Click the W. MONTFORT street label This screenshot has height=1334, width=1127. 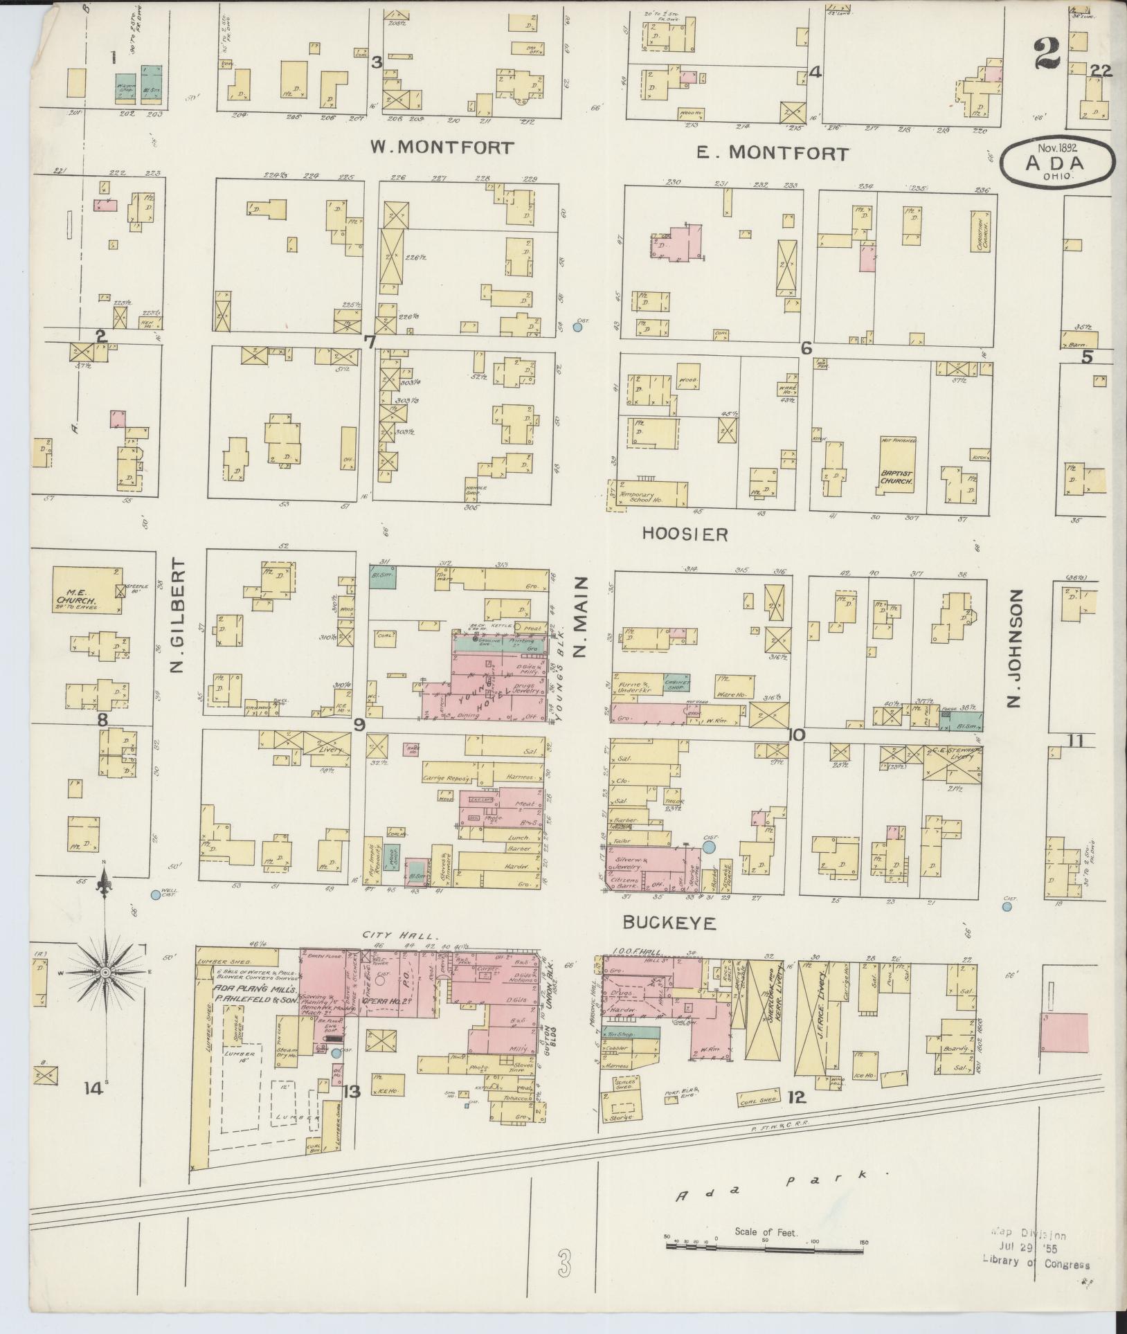click(442, 147)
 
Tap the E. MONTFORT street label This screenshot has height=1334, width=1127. click(772, 153)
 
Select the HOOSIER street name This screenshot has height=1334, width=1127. click(685, 534)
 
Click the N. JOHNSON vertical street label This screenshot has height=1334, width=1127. click(1015, 649)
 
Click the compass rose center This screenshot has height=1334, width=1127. click(105, 973)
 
